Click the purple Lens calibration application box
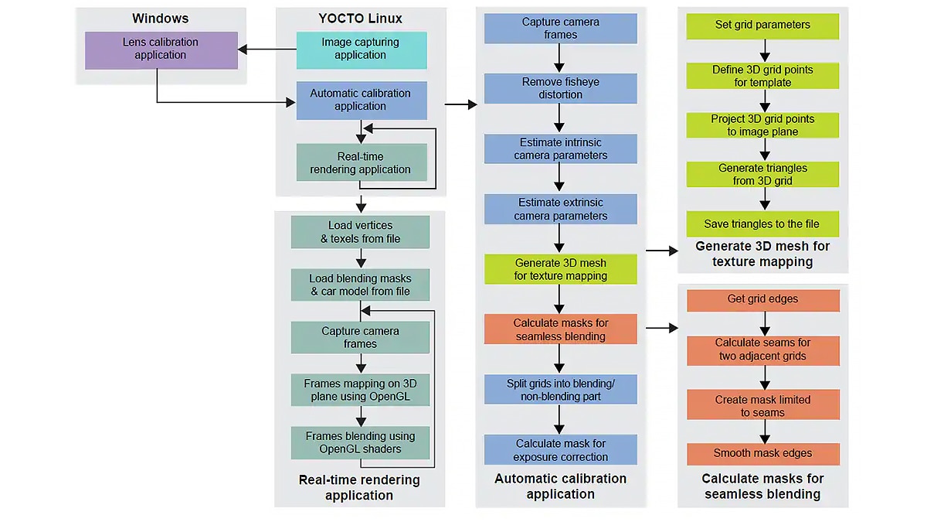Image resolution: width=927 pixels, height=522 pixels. pyautogui.click(x=161, y=49)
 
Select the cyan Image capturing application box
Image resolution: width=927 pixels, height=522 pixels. pyautogui.click(x=361, y=49)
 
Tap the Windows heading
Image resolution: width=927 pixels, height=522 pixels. pyautogui.click(x=160, y=19)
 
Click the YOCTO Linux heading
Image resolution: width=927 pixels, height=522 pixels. pyautogui.click(x=360, y=19)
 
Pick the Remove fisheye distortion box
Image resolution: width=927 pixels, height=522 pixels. pyautogui.click(x=560, y=88)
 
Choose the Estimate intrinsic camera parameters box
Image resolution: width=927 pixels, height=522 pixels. pyautogui.click(x=560, y=148)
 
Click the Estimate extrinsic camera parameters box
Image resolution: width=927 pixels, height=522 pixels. pyautogui.click(x=560, y=209)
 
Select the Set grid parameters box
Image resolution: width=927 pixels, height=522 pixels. pyautogui.click(x=762, y=25)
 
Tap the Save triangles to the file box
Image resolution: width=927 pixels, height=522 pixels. pyautogui.click(x=762, y=224)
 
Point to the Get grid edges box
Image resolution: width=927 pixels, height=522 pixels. pyautogui.click(x=762, y=299)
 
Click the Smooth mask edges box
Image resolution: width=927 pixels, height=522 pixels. pyautogui.click(x=762, y=453)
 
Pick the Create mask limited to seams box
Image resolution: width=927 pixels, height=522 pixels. pyautogui.click(x=762, y=405)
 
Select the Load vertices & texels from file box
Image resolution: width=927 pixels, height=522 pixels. pyautogui.click(x=360, y=232)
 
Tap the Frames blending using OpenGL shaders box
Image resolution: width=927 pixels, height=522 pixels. pyautogui.click(x=360, y=442)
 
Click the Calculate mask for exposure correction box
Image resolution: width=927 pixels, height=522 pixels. pyautogui.click(x=560, y=449)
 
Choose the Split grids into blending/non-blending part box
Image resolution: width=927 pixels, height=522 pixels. pyautogui.click(x=560, y=390)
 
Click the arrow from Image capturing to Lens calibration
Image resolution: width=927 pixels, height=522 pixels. pyautogui.click(x=267, y=49)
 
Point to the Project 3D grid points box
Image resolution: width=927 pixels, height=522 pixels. pyautogui.click(x=762, y=125)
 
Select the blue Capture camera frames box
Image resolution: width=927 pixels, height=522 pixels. pyautogui.click(x=560, y=29)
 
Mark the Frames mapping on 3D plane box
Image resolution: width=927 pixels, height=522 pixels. pyautogui.click(x=360, y=390)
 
